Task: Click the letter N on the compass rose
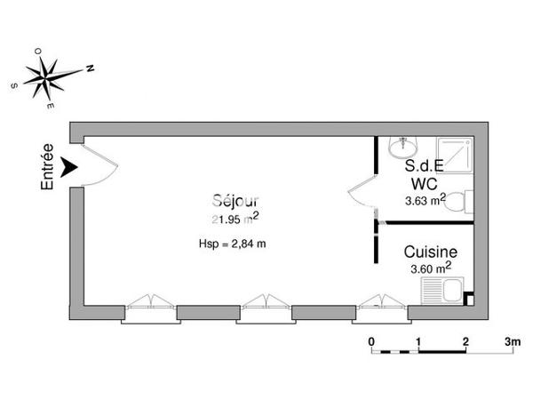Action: (x=90, y=68)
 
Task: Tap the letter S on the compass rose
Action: (x=16, y=85)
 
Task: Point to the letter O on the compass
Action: (x=38, y=52)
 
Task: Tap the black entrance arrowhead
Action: (x=70, y=166)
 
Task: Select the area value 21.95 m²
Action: (x=235, y=219)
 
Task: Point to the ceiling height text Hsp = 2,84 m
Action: (x=233, y=244)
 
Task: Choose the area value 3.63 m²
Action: (x=426, y=200)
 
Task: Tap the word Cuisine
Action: (x=431, y=252)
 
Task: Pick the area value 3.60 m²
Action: (x=429, y=268)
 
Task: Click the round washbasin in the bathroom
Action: (x=404, y=143)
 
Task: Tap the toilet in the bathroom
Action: (x=457, y=203)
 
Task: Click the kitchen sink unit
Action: (x=441, y=290)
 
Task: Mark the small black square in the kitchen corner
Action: (x=468, y=300)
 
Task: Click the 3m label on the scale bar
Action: (x=511, y=341)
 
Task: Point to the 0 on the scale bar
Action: (x=371, y=341)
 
